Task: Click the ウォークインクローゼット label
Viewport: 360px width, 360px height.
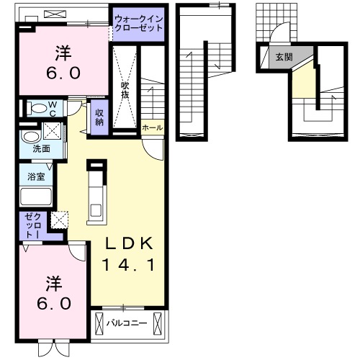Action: pyautogui.click(x=139, y=24)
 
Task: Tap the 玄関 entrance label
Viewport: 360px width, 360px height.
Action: pyautogui.click(x=284, y=57)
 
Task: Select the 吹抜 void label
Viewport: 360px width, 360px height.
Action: pyautogui.click(x=125, y=91)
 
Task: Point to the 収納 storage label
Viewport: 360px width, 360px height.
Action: pyautogui.click(x=99, y=117)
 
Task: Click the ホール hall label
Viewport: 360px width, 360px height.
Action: pyautogui.click(x=153, y=127)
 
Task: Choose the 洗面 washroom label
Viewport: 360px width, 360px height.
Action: pyautogui.click(x=41, y=149)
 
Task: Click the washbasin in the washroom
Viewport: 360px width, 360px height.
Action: pyautogui.click(x=30, y=138)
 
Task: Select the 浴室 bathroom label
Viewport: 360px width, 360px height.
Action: pyautogui.click(x=36, y=176)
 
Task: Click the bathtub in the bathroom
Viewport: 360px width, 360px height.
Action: pyautogui.click(x=36, y=197)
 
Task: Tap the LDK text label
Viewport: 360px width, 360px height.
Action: pyautogui.click(x=130, y=243)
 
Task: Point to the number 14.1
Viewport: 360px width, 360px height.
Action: pyautogui.click(x=128, y=265)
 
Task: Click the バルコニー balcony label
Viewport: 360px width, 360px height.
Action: pyautogui.click(x=127, y=323)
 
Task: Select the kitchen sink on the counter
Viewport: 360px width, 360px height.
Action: pyautogui.click(x=96, y=210)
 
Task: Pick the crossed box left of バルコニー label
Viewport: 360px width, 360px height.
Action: pyautogui.click(x=99, y=323)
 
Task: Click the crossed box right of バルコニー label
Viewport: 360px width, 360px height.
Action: pyautogui.click(x=158, y=323)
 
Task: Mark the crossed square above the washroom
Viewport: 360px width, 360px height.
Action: pyautogui.click(x=52, y=131)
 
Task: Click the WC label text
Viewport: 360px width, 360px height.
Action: pyautogui.click(x=53, y=109)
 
